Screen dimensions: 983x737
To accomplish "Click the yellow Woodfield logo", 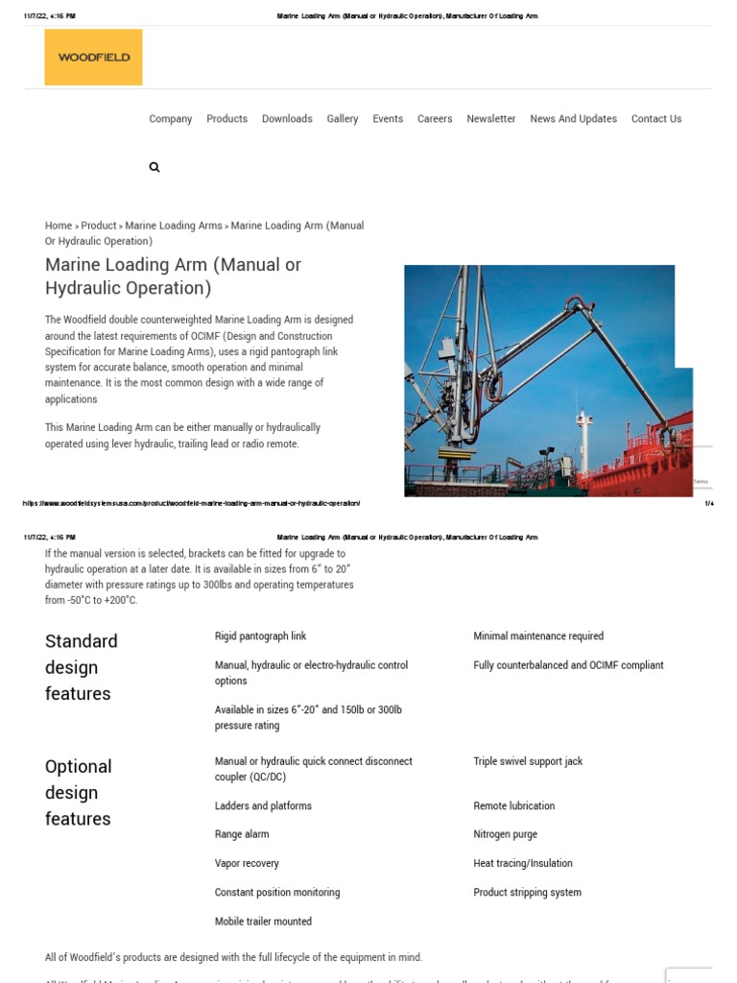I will (x=93, y=58).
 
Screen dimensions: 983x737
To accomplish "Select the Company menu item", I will (x=171, y=119).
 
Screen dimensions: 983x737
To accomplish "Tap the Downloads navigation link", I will (x=287, y=119).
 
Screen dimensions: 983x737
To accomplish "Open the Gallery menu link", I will (x=343, y=119).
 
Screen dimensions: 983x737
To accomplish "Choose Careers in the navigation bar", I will (x=435, y=119).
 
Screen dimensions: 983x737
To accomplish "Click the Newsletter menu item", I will (x=491, y=119).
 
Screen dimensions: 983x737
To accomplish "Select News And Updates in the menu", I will (x=573, y=119).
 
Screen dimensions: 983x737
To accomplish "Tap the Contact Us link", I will (x=656, y=119).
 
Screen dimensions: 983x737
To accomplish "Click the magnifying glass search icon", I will (x=155, y=167).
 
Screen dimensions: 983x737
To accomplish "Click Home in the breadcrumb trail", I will (x=59, y=226).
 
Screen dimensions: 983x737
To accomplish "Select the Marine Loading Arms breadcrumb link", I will (x=174, y=226).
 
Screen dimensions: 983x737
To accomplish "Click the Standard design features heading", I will (x=82, y=667).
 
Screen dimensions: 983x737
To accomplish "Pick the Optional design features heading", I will (x=79, y=792).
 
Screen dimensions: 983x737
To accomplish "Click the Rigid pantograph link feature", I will (x=261, y=636).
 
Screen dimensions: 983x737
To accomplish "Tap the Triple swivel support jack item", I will (x=528, y=761).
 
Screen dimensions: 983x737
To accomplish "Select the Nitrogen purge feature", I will (x=505, y=834).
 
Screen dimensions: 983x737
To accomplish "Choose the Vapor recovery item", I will (x=247, y=863).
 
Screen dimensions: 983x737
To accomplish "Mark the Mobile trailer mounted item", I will (x=263, y=922).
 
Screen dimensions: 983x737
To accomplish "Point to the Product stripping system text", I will (x=527, y=892).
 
